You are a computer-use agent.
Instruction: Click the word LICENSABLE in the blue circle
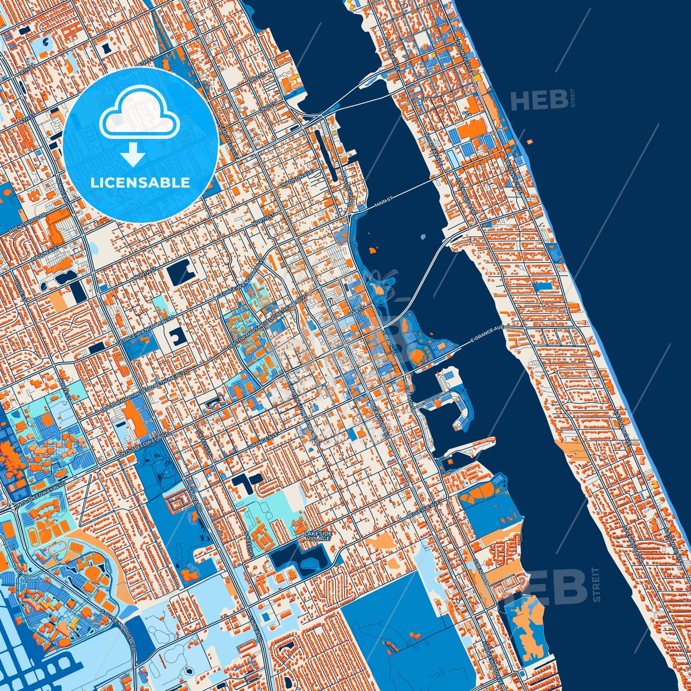coord(141,182)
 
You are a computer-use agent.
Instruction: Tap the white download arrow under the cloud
coord(133,155)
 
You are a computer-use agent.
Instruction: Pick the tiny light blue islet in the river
coord(422,237)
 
